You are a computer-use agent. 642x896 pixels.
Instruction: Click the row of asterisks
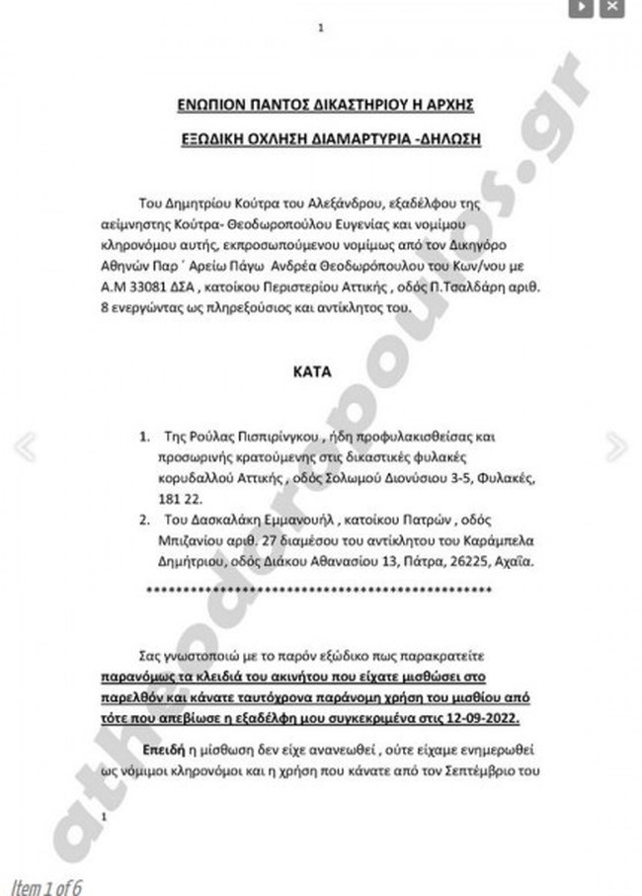pyautogui.click(x=319, y=591)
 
